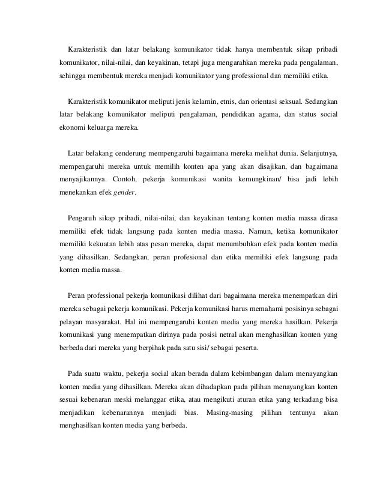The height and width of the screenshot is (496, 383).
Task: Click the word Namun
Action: click(x=253, y=231)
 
